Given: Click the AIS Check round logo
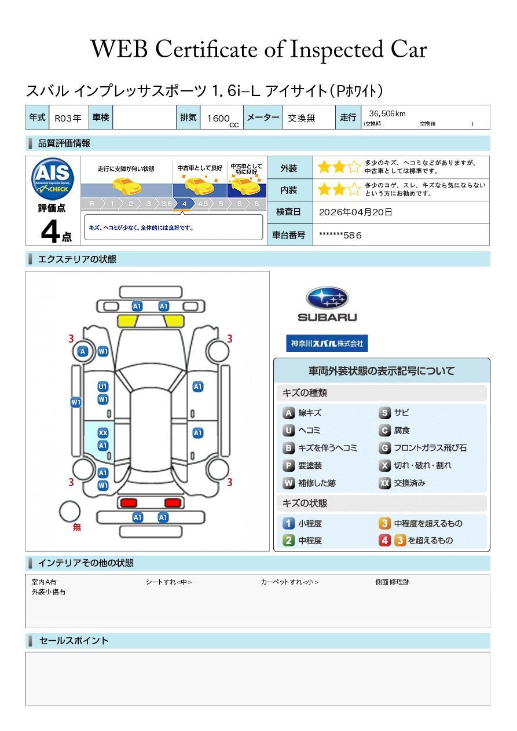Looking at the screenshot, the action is [x=53, y=179].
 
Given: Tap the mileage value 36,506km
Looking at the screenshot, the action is [x=387, y=113].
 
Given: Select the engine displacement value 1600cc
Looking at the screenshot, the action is [x=222, y=119].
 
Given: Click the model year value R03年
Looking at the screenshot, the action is [x=68, y=118].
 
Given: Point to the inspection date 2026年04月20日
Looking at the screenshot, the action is [x=355, y=212].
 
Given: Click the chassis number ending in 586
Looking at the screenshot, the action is [x=340, y=235].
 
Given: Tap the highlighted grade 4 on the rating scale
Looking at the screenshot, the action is [x=184, y=204].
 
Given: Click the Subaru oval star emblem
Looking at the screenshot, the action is [x=327, y=298].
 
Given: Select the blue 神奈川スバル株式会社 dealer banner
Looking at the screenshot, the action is [x=327, y=343].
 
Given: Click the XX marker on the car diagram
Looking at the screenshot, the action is [x=103, y=433].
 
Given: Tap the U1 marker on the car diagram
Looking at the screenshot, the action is [x=103, y=387].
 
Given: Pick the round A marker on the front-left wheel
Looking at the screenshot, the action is [x=83, y=351].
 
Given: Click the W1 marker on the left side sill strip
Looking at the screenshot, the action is [x=76, y=402].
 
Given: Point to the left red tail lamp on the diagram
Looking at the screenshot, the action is [x=129, y=502].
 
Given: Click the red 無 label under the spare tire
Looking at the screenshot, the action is [x=76, y=527].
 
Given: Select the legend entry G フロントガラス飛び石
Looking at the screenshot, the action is [x=423, y=448].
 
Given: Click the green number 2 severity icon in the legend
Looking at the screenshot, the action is [x=288, y=541].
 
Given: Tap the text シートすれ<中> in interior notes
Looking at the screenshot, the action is [x=168, y=582].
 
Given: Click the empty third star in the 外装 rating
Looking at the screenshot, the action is [x=354, y=167].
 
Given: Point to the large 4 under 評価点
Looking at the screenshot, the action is [x=50, y=231].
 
